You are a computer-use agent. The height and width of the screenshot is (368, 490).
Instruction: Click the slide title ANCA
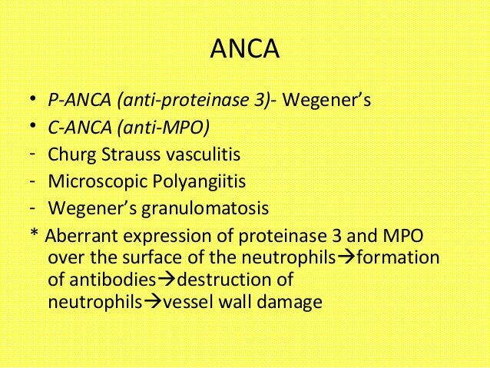[244, 51]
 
